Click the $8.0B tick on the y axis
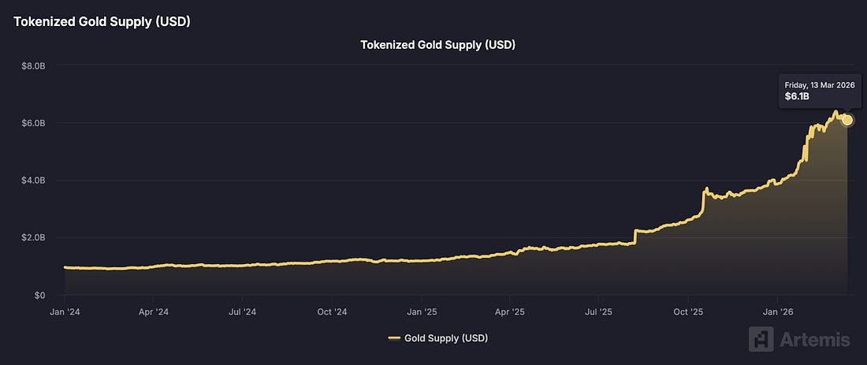point(32,65)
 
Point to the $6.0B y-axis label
point(32,123)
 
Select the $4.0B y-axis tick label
point(32,181)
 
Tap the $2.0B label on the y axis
point(32,237)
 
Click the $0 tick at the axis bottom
point(38,295)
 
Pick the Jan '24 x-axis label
point(64,312)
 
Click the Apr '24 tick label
point(153,312)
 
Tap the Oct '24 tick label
point(332,312)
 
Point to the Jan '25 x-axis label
point(421,312)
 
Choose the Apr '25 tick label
point(509,312)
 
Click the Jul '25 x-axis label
point(598,312)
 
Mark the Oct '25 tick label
point(687,312)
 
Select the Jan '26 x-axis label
point(777,312)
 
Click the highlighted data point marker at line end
point(847,120)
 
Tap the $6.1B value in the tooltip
point(797,96)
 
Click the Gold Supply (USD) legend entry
point(446,338)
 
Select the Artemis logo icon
point(761,339)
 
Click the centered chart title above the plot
point(437,45)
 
